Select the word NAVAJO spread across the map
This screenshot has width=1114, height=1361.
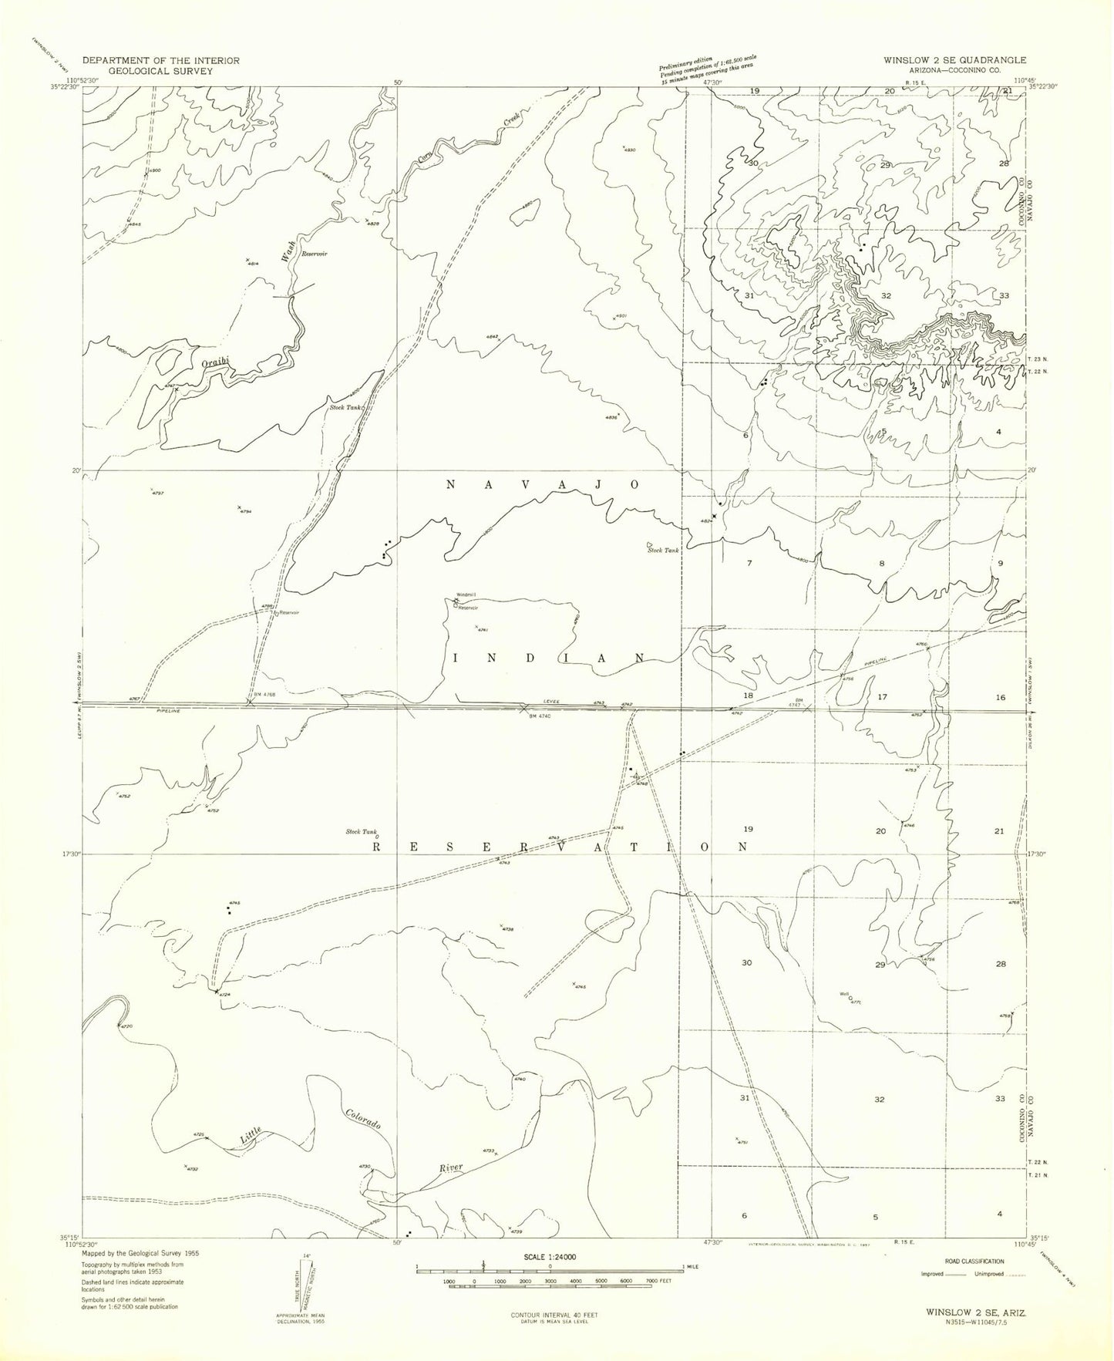(544, 484)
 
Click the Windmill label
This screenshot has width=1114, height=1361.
(466, 595)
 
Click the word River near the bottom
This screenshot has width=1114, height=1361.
(450, 1167)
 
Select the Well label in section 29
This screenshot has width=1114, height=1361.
(844, 993)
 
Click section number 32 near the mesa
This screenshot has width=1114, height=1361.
(887, 295)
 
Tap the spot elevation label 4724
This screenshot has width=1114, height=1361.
(224, 995)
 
